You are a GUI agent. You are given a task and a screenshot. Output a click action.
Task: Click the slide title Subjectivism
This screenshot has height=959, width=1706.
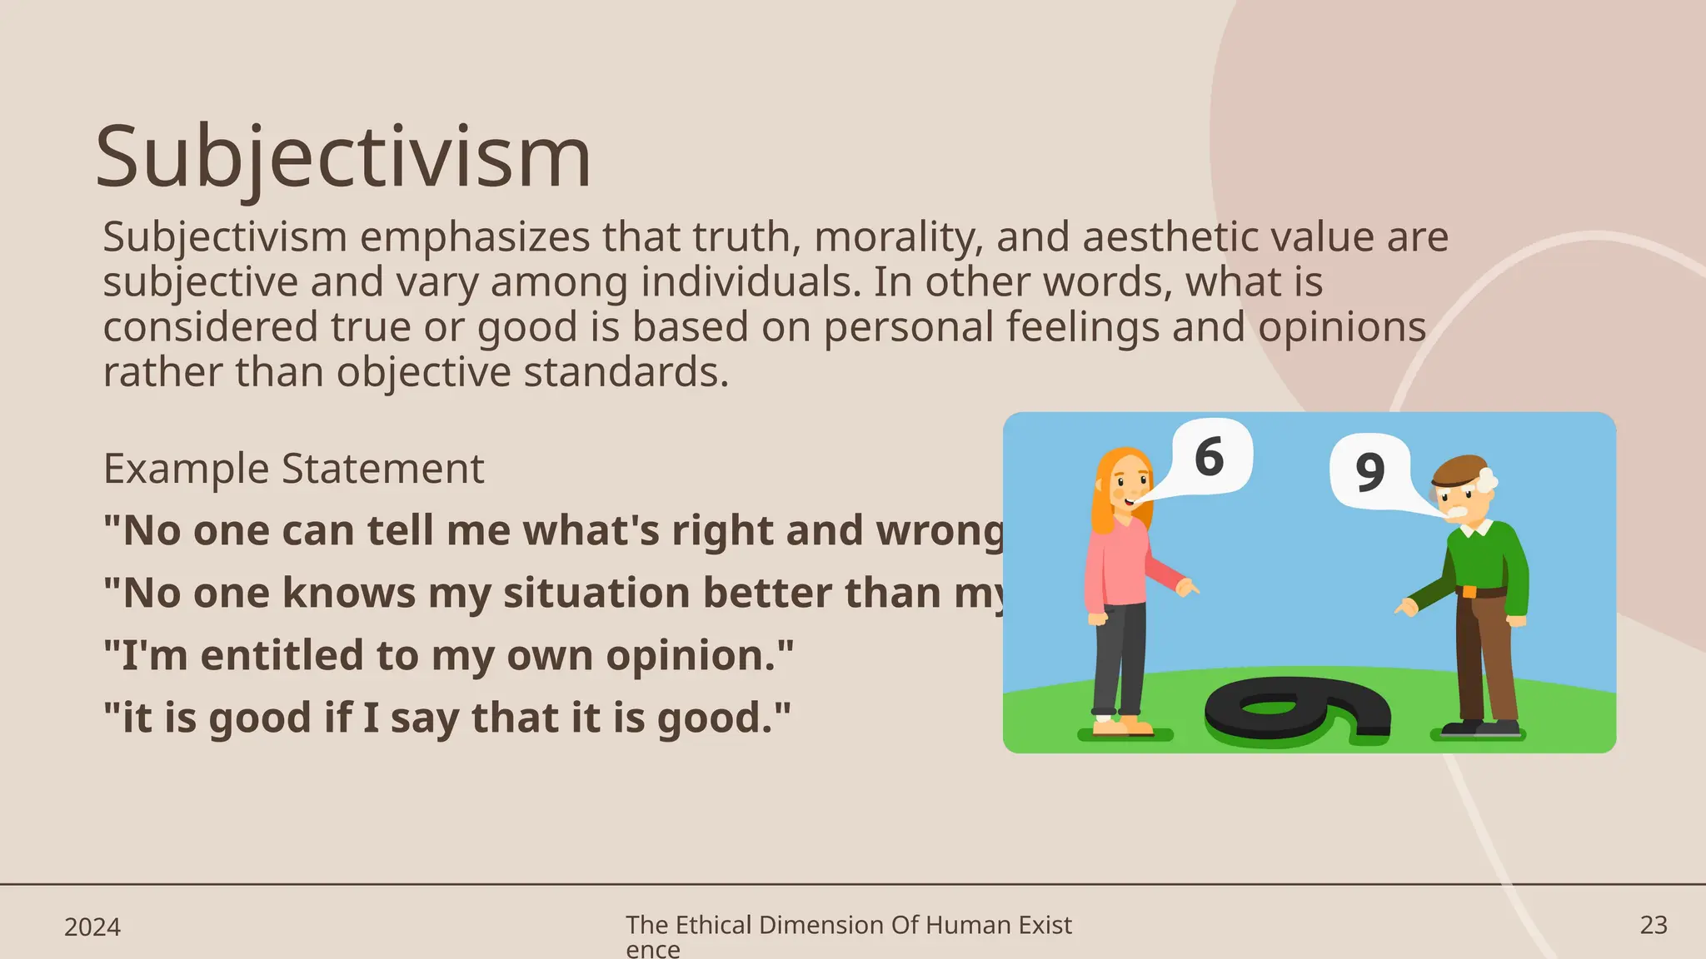tap(343, 157)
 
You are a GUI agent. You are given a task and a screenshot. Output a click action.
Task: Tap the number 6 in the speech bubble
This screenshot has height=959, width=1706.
tap(1209, 457)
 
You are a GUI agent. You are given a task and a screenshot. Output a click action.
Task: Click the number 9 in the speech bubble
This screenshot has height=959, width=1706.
tap(1369, 471)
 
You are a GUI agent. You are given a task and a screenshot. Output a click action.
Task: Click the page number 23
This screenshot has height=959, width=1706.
tap(1654, 925)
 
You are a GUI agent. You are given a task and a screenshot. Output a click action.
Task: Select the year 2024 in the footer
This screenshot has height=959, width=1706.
tap(92, 927)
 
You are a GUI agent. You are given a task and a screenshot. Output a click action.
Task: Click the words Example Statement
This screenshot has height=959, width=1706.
tap(293, 468)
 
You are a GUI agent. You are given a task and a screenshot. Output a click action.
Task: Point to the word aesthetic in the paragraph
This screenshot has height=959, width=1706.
tap(1170, 237)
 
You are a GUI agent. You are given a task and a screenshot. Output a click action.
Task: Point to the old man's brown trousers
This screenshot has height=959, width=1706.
tap(1487, 658)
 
